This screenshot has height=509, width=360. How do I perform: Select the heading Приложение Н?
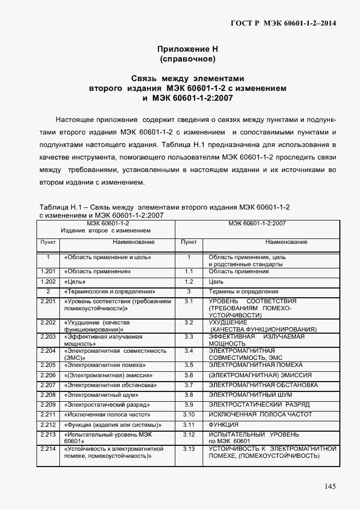coord(187,48)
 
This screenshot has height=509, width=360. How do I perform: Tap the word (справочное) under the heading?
coord(187,58)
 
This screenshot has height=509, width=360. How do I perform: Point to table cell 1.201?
coord(48,271)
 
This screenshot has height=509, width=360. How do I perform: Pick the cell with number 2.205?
coord(48,365)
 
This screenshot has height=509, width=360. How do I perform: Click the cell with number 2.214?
coord(48,449)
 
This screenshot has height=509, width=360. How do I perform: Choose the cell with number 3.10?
coord(189,414)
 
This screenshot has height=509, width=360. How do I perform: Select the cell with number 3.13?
coord(189,449)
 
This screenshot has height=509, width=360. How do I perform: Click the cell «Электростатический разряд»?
coord(104,404)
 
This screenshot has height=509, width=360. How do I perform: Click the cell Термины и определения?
coord(243,292)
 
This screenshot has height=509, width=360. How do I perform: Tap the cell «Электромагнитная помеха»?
coord(104,365)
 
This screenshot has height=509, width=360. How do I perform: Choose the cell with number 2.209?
coord(48,404)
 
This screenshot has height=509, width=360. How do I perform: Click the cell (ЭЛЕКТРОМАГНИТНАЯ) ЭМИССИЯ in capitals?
coord(260,375)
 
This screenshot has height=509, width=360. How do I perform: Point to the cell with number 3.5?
coord(189,365)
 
